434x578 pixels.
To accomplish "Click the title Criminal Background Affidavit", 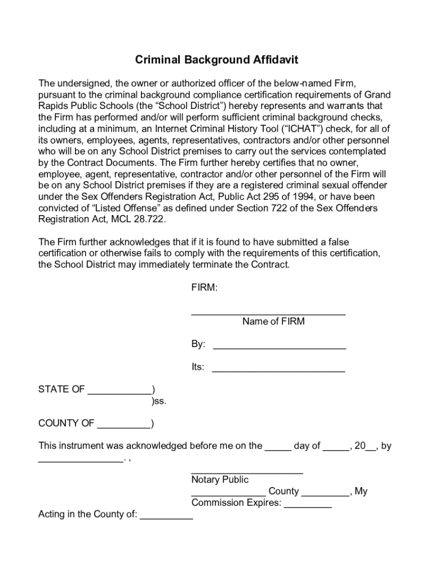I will pos(216,60).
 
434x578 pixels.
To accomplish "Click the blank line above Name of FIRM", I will pos(268,313).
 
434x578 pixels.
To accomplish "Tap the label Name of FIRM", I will pos(273,322).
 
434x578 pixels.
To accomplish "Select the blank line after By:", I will pos(279,348).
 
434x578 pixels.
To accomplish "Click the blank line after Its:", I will pos(278,371).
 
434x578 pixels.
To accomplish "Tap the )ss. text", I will pos(159,401).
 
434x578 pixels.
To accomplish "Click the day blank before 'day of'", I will pos(278,449).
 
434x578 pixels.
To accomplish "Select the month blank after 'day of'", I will pos(336,449).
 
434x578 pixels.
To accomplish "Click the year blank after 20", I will pos(370,449).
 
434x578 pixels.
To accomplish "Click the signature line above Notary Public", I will pos(247,472).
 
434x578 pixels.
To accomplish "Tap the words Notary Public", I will pos(220,480).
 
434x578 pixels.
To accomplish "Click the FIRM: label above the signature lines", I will pos(204,288).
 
